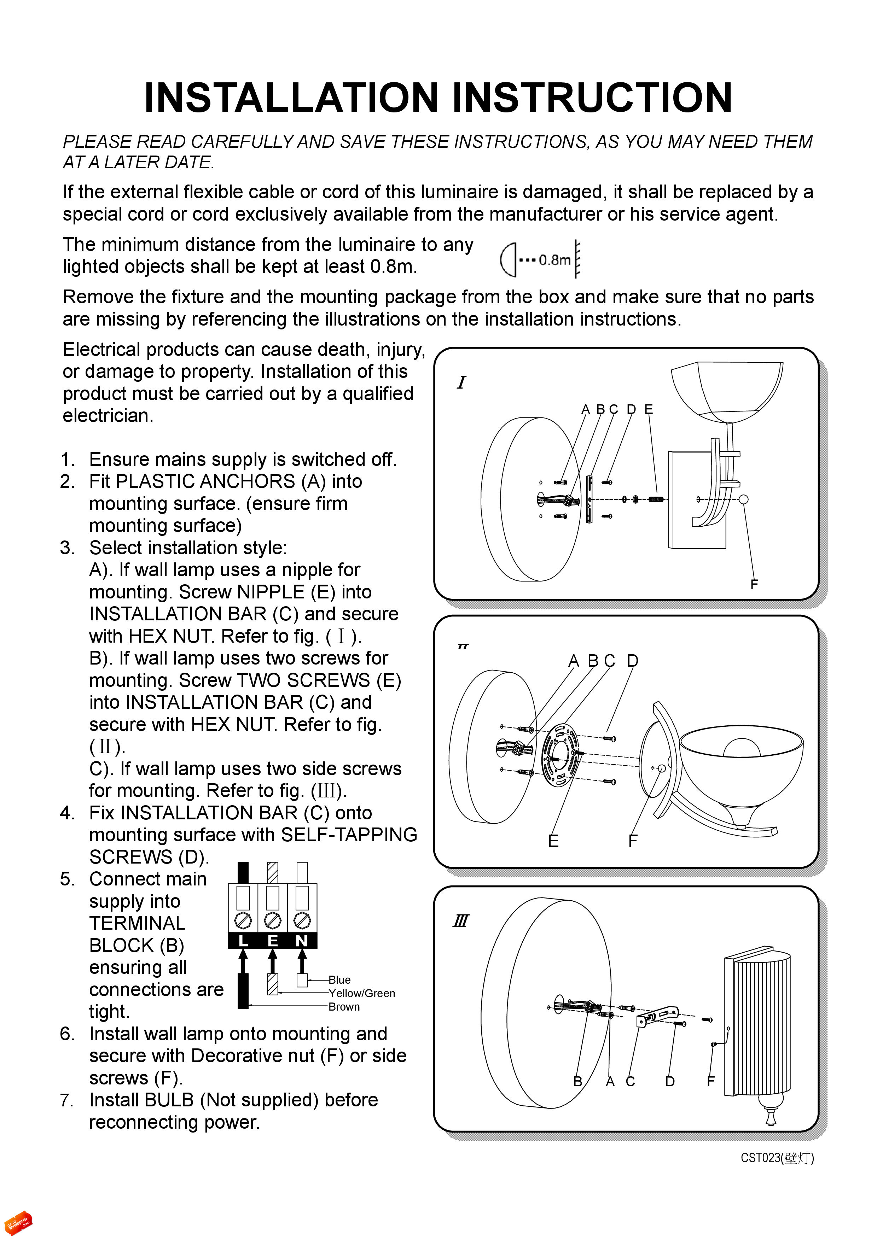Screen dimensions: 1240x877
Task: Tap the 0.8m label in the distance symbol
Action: tap(554, 260)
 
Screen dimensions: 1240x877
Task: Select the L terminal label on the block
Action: tap(243, 941)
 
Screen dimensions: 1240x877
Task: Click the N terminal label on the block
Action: tap(302, 941)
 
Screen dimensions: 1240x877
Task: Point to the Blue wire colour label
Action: tap(339, 980)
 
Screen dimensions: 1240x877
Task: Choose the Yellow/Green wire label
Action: tap(361, 993)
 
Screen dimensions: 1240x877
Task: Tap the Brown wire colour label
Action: tap(344, 1007)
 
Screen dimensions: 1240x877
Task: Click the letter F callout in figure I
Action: tap(754, 584)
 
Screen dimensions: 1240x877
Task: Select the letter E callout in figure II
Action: tap(553, 841)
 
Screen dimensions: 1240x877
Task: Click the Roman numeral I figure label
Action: tap(461, 382)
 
